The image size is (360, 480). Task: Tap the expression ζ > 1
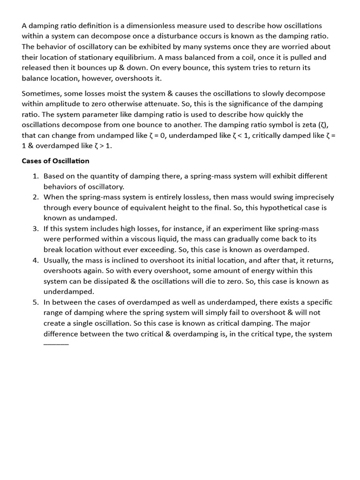tap(103, 145)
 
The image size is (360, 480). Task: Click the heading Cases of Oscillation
tap(55, 161)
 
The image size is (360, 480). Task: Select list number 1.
tap(36, 176)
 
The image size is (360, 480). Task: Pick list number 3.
tap(36, 229)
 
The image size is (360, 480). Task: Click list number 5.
tap(36, 302)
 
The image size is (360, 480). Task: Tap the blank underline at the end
tap(56, 344)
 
